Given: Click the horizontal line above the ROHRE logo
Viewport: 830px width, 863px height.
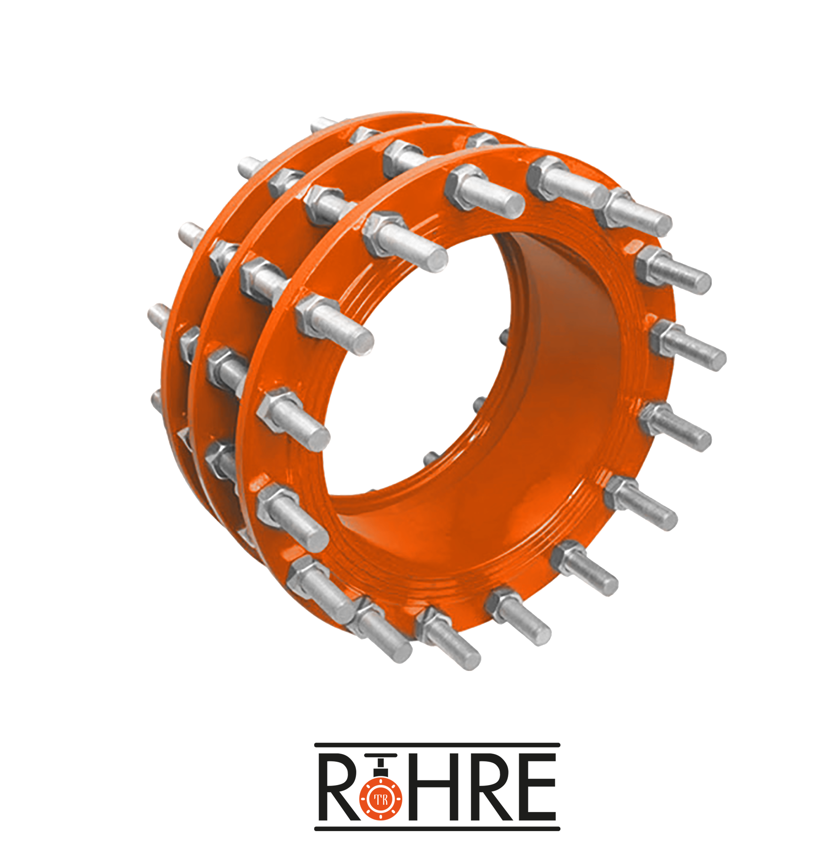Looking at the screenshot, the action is pyautogui.click(x=437, y=745).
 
